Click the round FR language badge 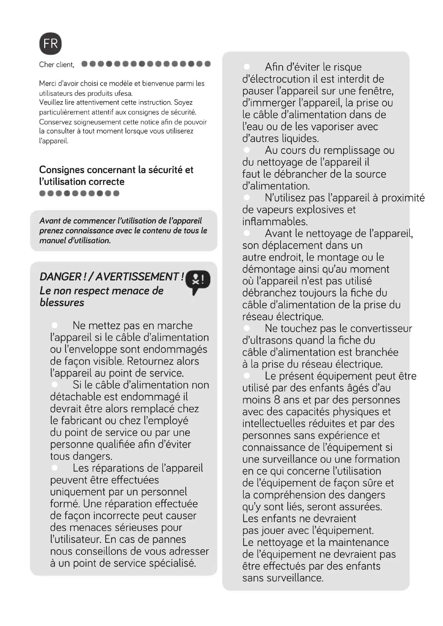pos(50,44)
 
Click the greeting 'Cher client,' pos(57,65)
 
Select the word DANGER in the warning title pos(60,277)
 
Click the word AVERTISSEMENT pos(138,277)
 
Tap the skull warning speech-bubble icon pos(198,281)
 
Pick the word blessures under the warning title pos(62,302)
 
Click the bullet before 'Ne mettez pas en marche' pos(55,325)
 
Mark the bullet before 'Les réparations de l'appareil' pos(55,468)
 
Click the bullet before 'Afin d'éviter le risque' pos(247,67)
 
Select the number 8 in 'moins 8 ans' pos(277,400)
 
